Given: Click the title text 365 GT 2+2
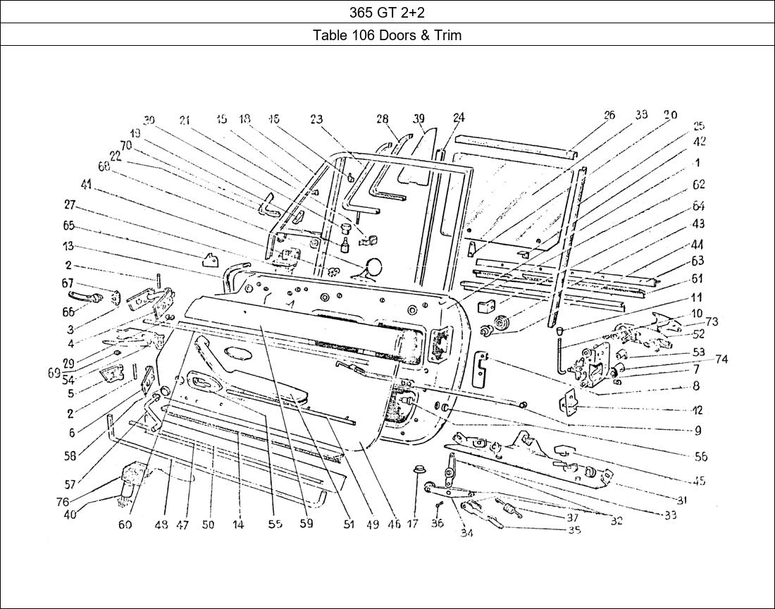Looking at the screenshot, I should [x=387, y=12].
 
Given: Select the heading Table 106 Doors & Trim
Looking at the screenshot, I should [x=387, y=35].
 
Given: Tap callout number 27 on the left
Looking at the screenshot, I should [x=69, y=205].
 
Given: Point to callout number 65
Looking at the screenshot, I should [x=68, y=226].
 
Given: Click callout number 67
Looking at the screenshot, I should [x=68, y=283].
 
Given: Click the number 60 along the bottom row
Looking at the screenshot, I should [x=125, y=524].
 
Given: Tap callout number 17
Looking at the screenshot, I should [x=413, y=524].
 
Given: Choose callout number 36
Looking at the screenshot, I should [x=437, y=524].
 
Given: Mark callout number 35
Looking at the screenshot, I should [x=574, y=530].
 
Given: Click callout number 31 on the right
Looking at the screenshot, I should [x=681, y=500].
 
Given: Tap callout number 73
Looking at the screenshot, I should [x=711, y=322].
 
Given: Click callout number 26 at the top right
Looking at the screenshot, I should [x=609, y=115].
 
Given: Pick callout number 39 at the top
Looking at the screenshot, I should [x=419, y=118].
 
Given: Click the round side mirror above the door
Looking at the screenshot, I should [x=374, y=266].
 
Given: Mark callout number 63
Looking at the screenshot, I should [x=697, y=261].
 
